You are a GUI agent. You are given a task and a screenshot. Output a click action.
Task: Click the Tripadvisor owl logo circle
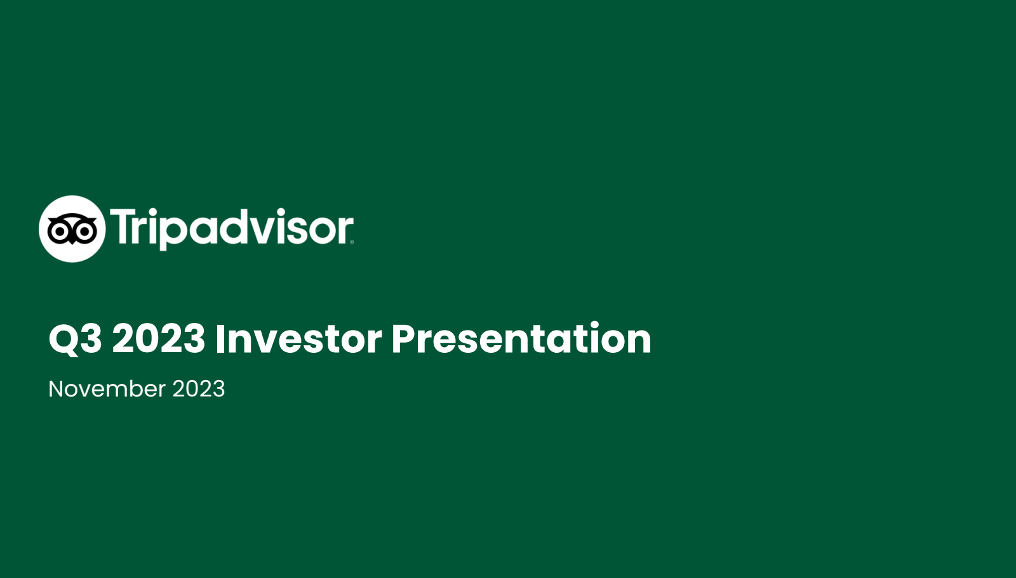tap(72, 229)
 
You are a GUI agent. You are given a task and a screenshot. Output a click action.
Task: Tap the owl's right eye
tap(85, 231)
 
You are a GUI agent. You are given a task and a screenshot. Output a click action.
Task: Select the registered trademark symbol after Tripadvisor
tap(352, 242)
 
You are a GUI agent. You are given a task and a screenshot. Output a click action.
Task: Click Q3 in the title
tap(76, 339)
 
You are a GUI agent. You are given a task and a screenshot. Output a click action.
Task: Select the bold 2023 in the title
tap(158, 338)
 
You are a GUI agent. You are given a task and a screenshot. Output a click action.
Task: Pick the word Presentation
tap(521, 338)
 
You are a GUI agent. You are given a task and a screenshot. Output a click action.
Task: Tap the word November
tap(107, 389)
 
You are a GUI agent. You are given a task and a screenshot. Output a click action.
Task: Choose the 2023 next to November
tap(199, 389)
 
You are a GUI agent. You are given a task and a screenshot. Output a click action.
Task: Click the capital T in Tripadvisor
tap(123, 227)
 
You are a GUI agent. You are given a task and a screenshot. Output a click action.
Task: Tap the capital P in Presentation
tap(404, 338)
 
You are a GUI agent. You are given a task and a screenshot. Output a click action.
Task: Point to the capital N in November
tap(57, 389)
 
